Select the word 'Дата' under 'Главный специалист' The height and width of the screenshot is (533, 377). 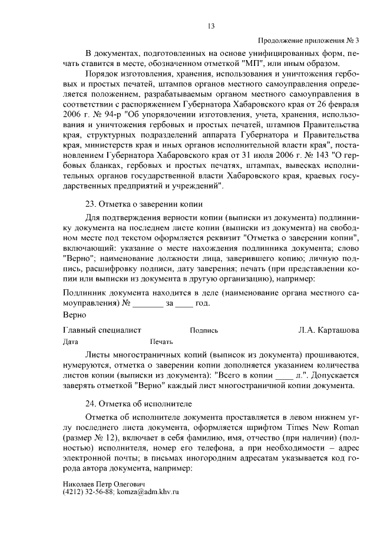click(71, 342)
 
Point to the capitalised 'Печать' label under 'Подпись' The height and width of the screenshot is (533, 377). click(161, 342)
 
